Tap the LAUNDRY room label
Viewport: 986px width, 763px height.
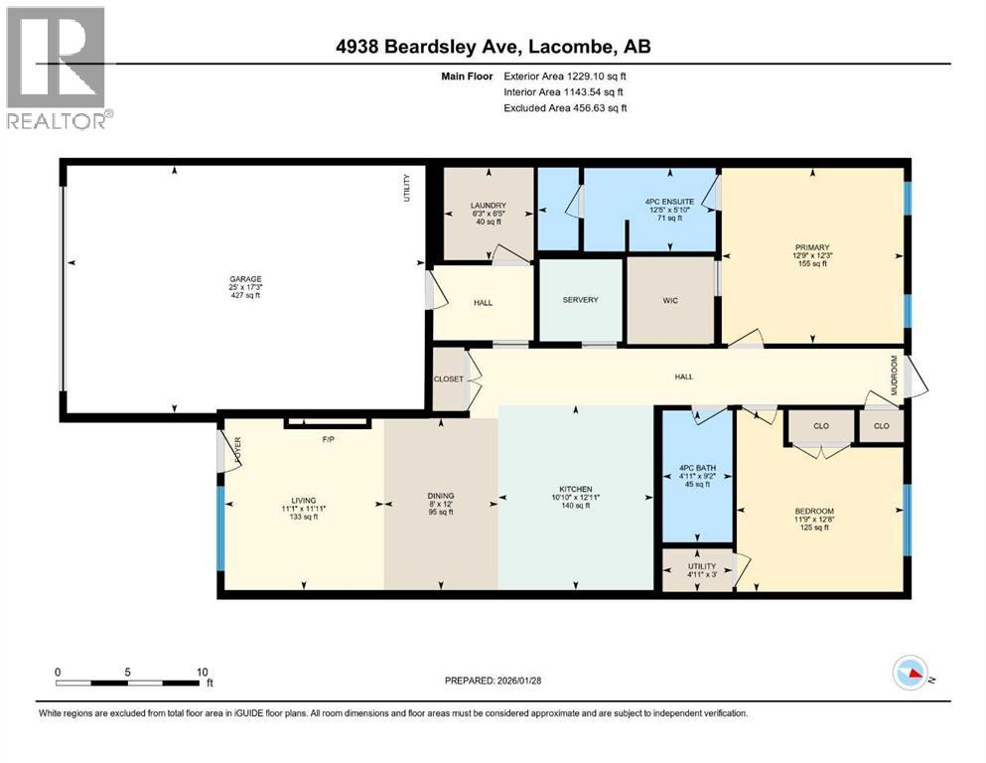[489, 206]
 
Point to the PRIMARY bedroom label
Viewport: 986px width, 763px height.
[811, 247]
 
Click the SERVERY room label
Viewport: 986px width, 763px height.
[581, 300]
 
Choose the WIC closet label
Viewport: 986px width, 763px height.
[671, 300]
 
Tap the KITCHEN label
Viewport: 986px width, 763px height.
[576, 489]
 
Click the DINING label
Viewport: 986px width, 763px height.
[441, 495]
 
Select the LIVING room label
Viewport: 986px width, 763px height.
[303, 500]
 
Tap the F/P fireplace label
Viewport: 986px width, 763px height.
[327, 438]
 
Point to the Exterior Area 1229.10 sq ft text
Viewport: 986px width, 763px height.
[564, 76]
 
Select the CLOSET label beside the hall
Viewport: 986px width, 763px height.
[449, 380]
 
